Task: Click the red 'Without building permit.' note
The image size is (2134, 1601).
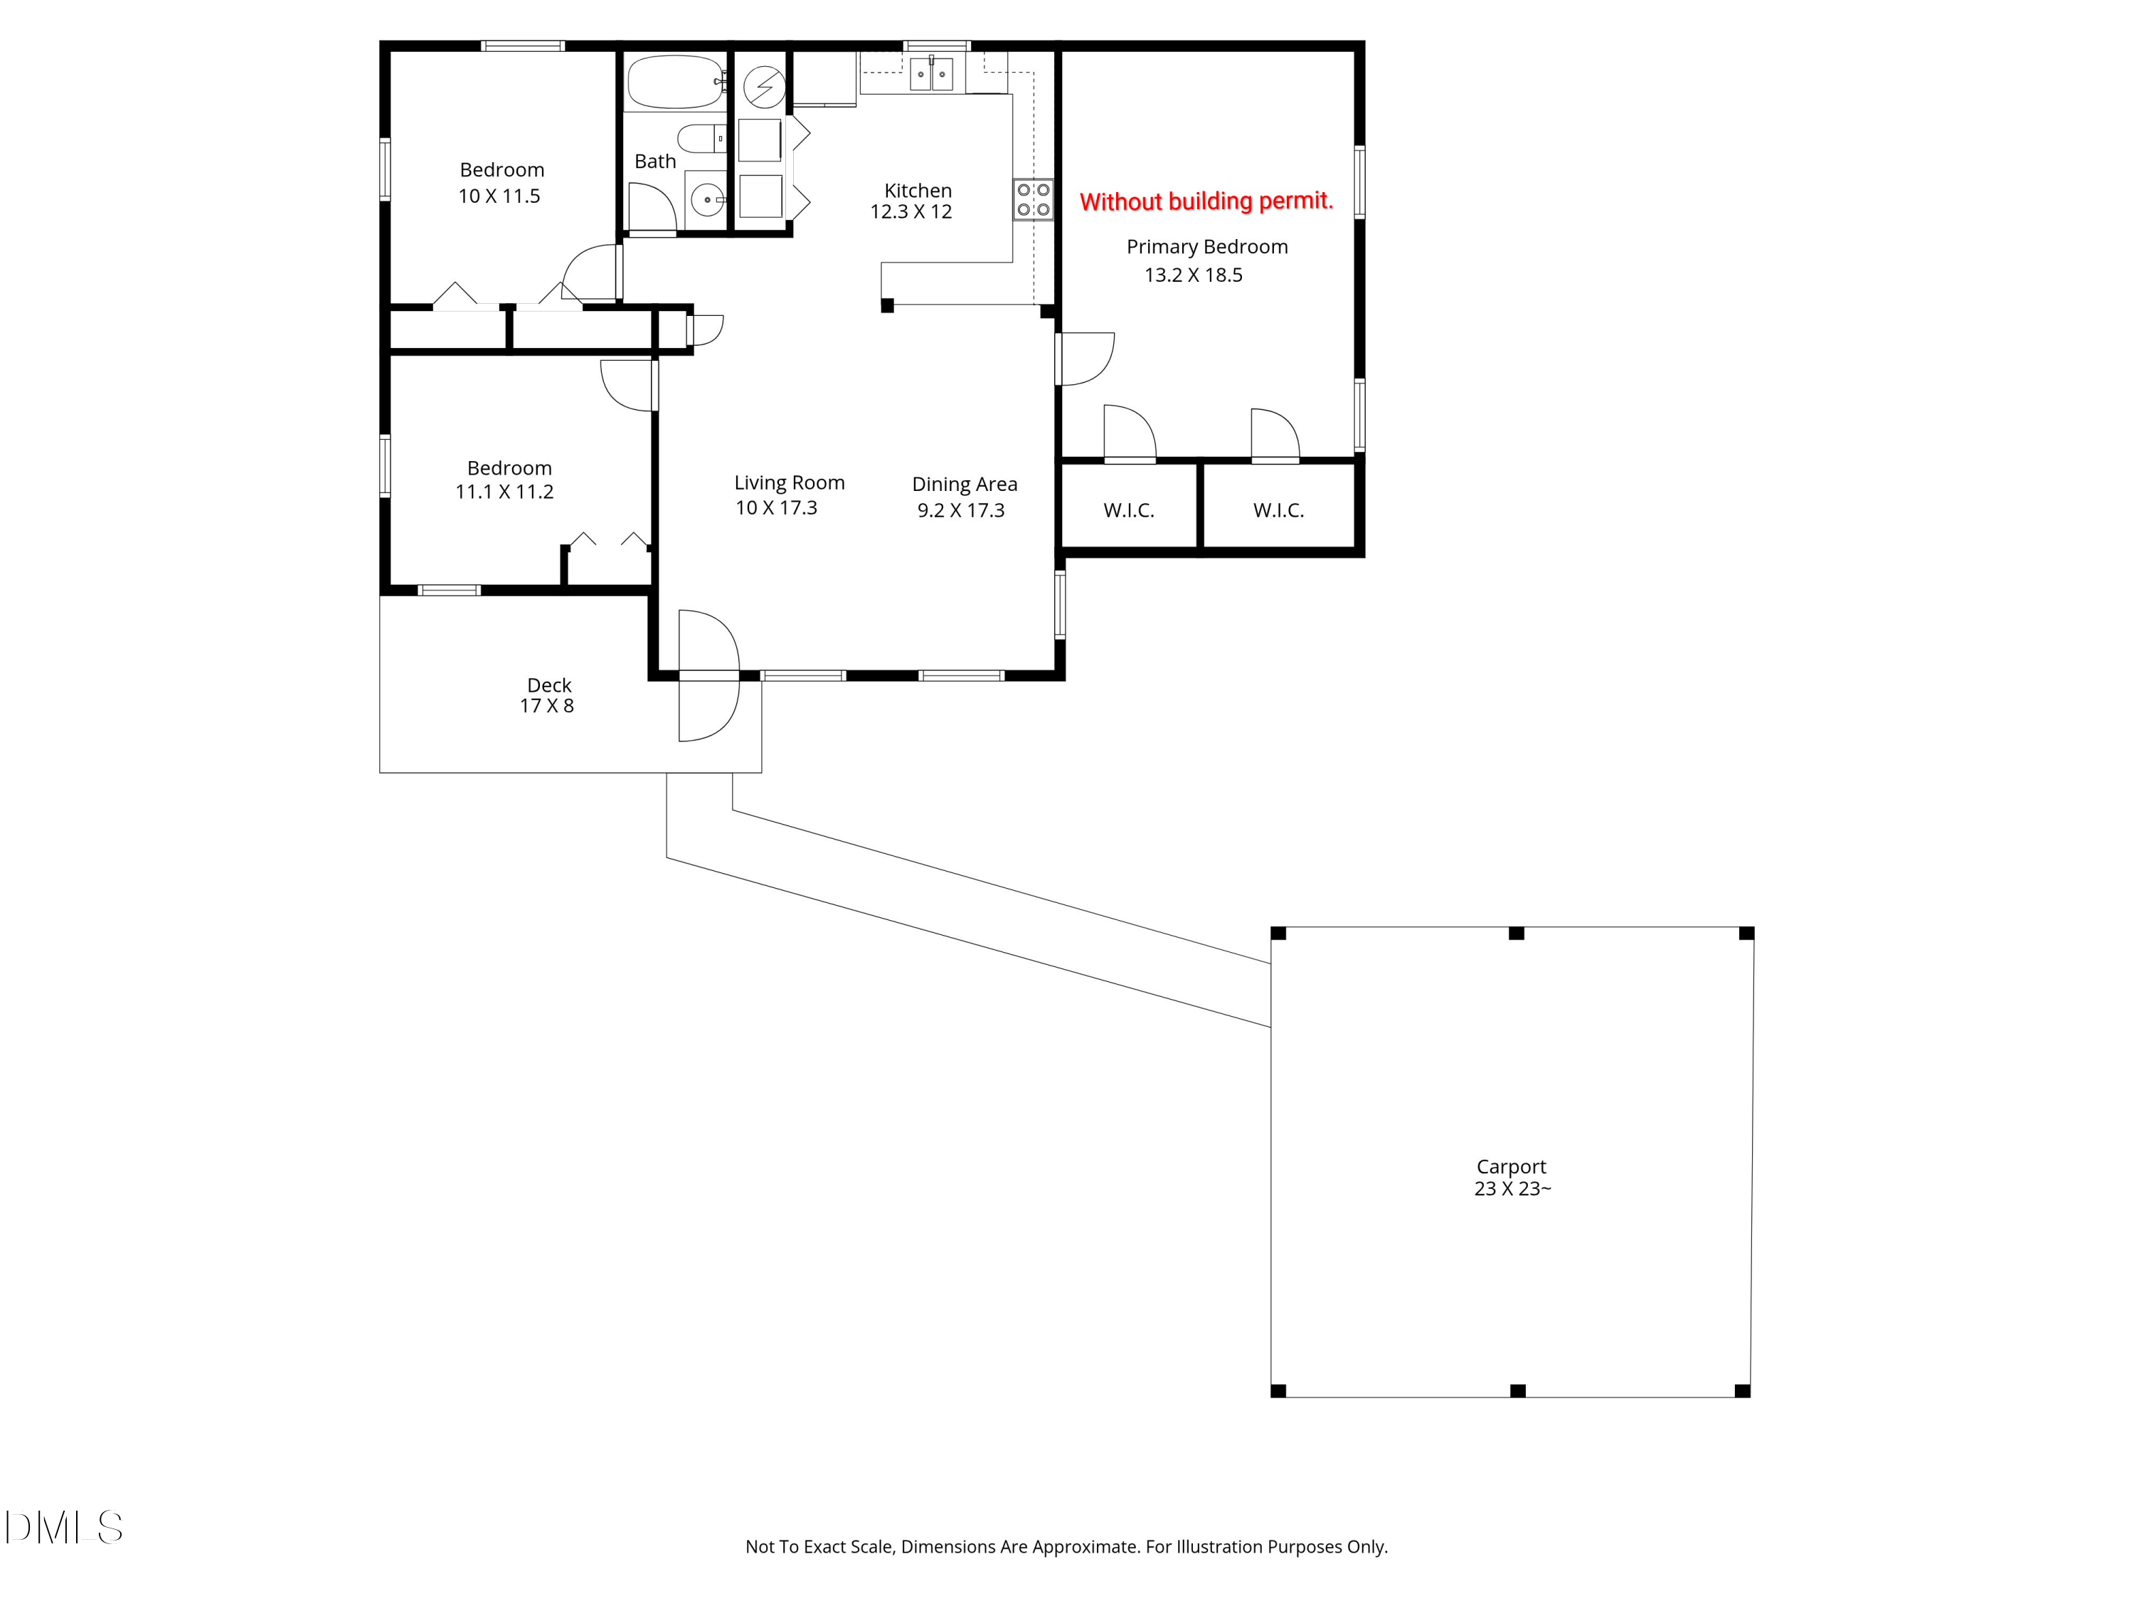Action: click(x=1206, y=201)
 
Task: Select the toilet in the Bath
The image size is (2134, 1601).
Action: click(x=701, y=139)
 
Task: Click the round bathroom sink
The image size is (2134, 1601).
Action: click(x=707, y=199)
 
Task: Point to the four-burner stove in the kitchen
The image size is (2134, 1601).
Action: click(x=1034, y=200)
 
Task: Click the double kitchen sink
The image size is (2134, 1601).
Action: click(x=932, y=74)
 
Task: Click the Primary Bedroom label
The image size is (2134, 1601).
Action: click(x=1207, y=247)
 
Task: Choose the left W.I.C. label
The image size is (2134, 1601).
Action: click(x=1129, y=510)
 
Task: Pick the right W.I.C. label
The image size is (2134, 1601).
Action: click(x=1278, y=510)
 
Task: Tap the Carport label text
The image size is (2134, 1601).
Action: click(x=1511, y=1167)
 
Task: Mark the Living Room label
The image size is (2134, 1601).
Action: click(x=789, y=482)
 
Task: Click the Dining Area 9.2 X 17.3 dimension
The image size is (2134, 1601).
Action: click(x=961, y=510)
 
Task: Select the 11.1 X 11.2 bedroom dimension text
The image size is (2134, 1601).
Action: click(x=504, y=492)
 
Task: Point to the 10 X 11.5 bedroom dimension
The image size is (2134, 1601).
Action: click(x=499, y=196)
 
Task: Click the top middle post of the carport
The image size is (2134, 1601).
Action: click(x=1516, y=933)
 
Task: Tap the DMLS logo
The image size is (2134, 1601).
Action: click(x=64, y=1528)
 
